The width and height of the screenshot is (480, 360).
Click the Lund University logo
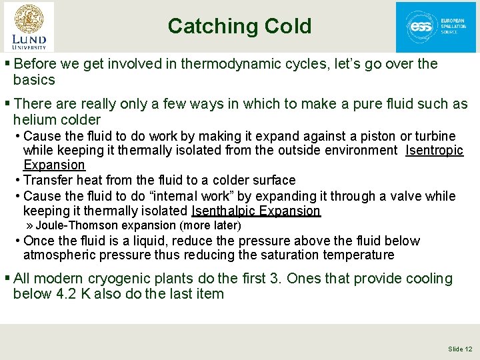point(29,26)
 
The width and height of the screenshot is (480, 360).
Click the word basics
point(34,80)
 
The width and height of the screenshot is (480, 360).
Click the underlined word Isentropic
point(434,151)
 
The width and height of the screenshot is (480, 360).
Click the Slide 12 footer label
point(460,349)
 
